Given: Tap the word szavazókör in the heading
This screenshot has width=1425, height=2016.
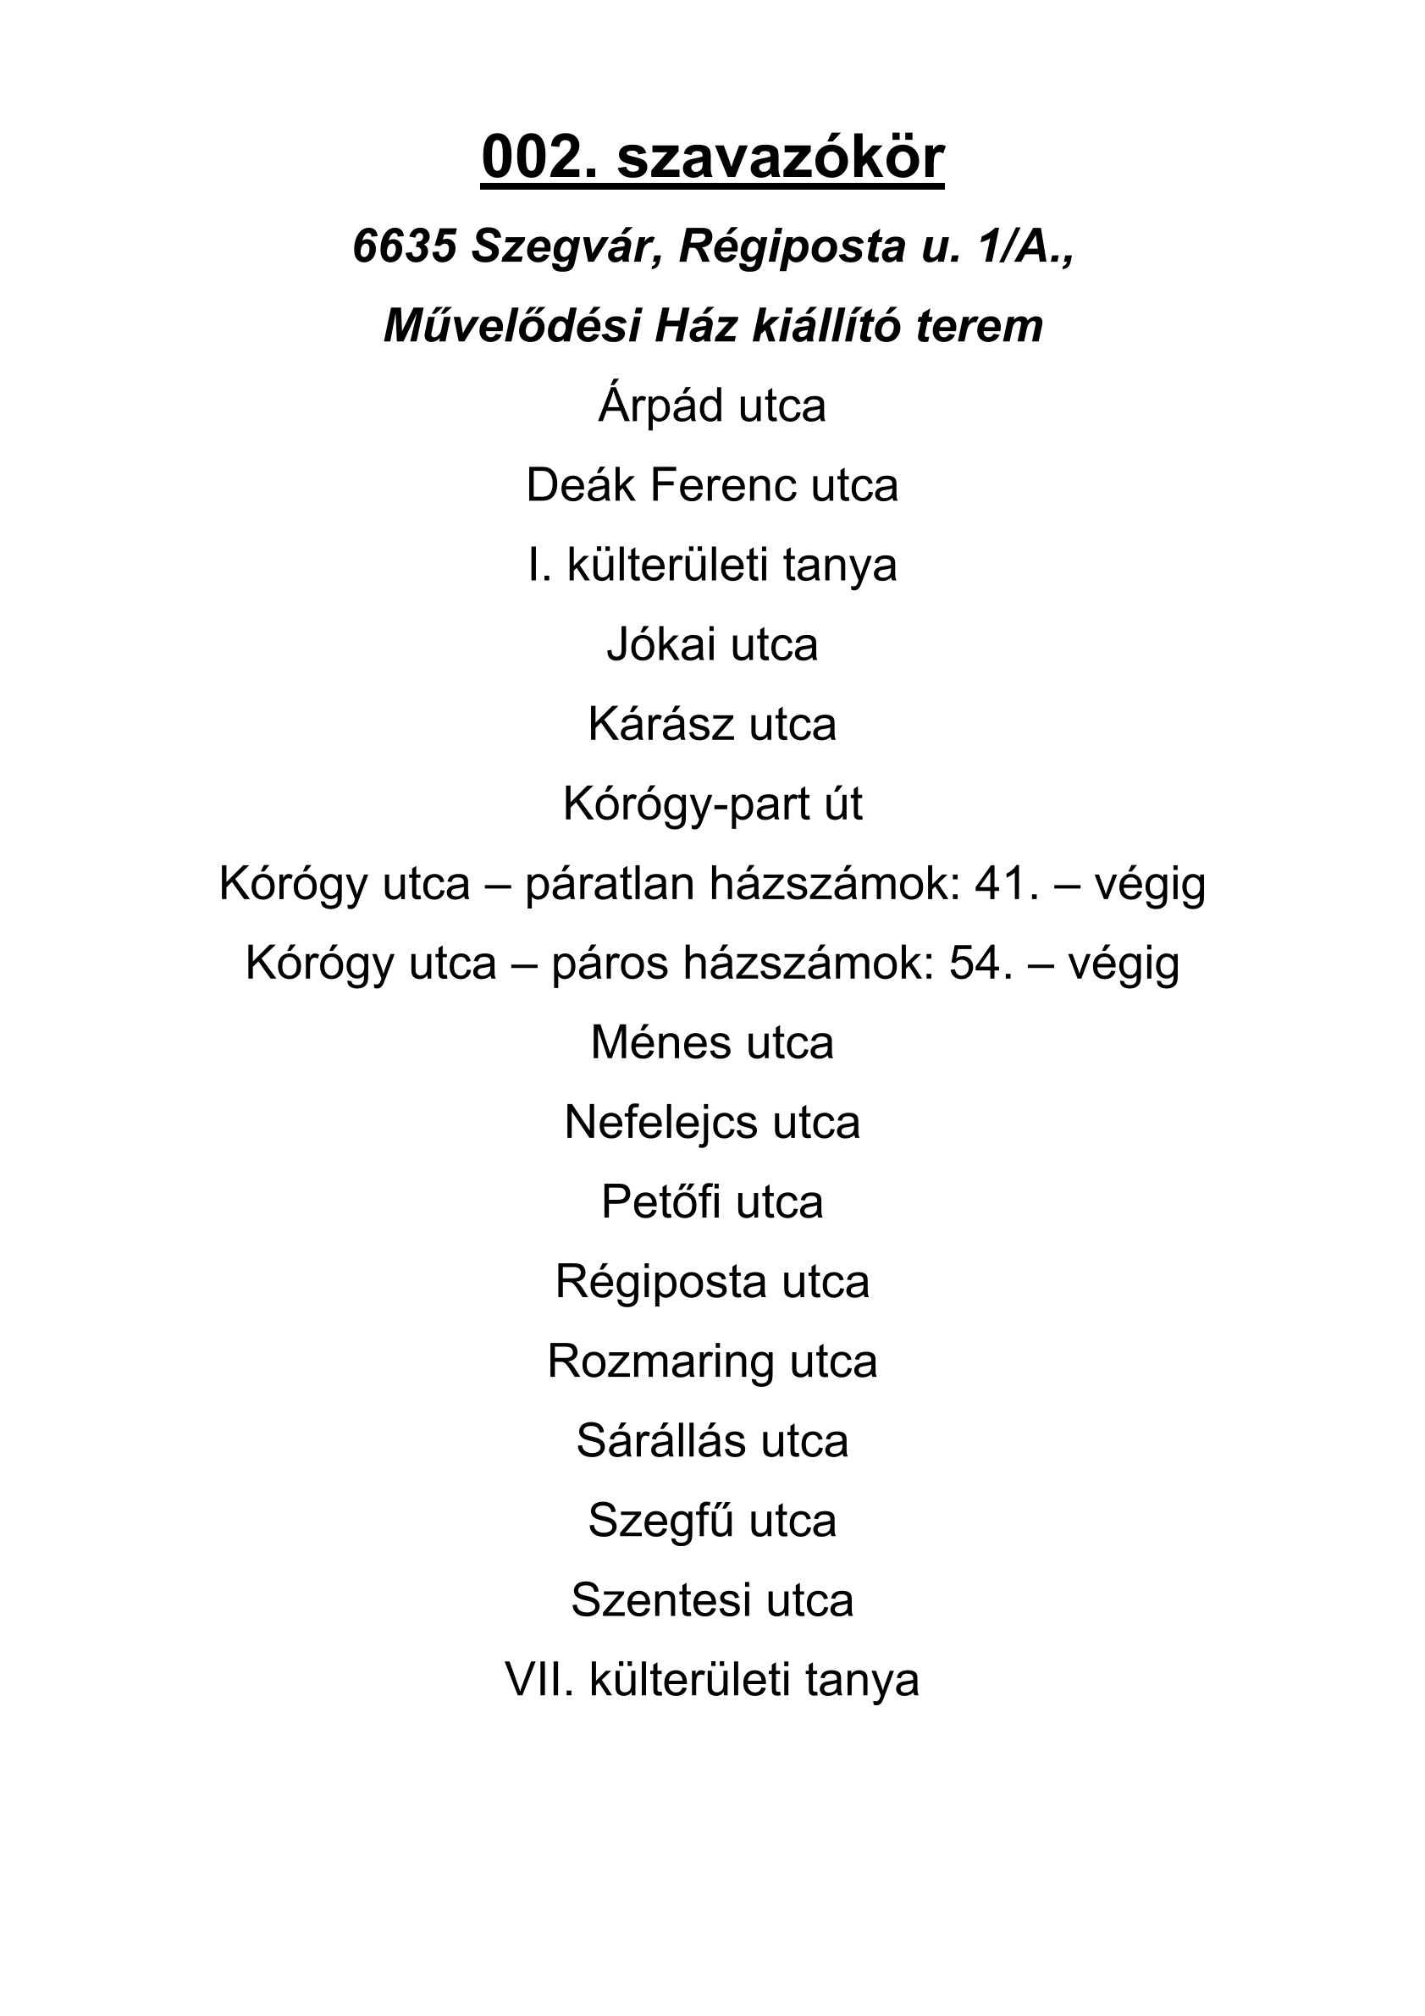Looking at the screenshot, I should click(781, 158).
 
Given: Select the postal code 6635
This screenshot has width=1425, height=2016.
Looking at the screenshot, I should click(404, 246).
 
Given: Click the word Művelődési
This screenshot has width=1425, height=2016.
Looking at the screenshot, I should click(513, 327).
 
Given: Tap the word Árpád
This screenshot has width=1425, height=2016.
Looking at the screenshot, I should click(662, 406).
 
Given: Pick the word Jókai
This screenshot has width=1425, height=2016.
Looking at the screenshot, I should click(662, 645).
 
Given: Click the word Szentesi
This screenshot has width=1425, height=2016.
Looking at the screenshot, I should click(662, 1600).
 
